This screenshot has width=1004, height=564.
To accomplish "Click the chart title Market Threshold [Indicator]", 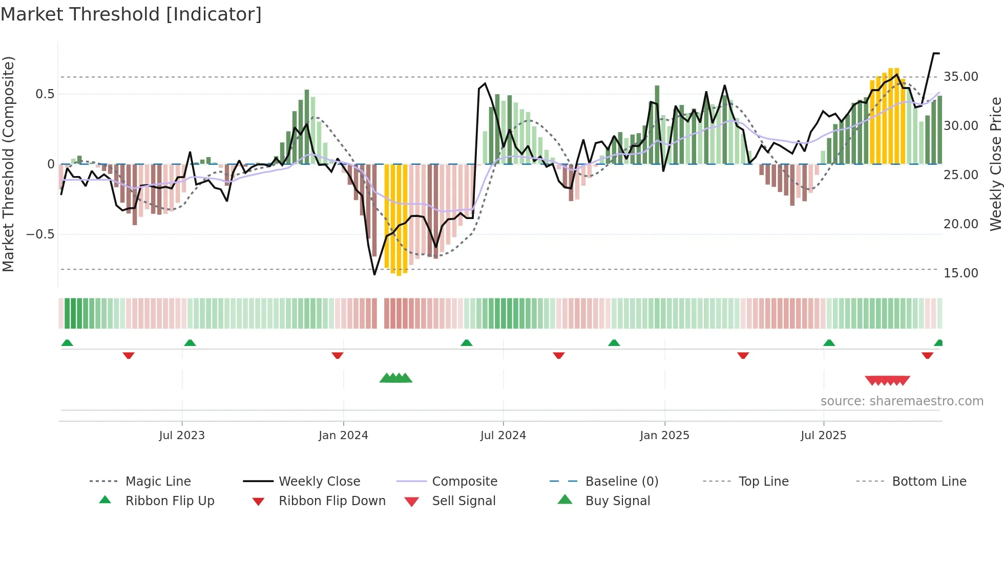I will click(x=131, y=14).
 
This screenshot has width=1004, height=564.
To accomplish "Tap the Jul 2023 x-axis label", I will click(x=182, y=436).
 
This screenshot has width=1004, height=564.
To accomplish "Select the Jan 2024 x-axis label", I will click(x=343, y=436).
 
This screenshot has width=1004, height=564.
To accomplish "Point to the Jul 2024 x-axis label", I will click(x=503, y=436).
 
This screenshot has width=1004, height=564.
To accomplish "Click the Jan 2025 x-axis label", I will click(x=664, y=436).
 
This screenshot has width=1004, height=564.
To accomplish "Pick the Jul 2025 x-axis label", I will click(x=824, y=436).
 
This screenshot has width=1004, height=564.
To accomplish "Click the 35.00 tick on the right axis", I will click(x=961, y=77).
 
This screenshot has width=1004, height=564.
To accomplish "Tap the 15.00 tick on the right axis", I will click(x=961, y=273).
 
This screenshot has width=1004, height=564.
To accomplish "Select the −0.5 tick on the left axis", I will click(x=40, y=234).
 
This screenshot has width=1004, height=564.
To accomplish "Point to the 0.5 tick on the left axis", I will click(x=45, y=94).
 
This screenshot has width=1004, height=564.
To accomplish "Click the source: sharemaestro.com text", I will click(x=902, y=401).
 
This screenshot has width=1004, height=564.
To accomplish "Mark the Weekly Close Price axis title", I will click(x=995, y=164).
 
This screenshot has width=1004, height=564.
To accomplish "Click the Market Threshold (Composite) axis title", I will click(x=8, y=164).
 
